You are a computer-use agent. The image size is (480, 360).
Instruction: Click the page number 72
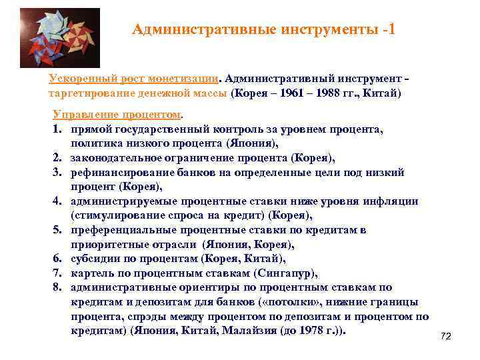(x=446, y=337)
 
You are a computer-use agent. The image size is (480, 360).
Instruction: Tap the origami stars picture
(x=60, y=38)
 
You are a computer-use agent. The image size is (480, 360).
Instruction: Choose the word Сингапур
(x=288, y=273)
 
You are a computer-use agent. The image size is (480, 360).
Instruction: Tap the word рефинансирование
(x=117, y=172)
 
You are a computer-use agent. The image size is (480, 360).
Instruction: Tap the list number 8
(x=56, y=287)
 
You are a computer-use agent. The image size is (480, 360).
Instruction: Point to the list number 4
(x=56, y=201)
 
